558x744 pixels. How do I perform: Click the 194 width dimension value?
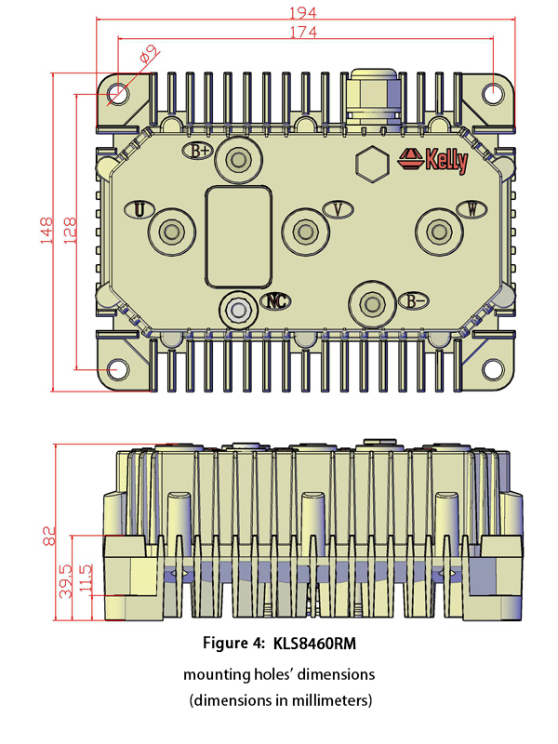coord(304,12)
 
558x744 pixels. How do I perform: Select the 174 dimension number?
coord(304,33)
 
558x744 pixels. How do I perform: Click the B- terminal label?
coord(415,300)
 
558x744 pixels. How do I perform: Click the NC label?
coord(275,300)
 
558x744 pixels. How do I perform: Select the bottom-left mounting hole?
coord(118,369)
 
